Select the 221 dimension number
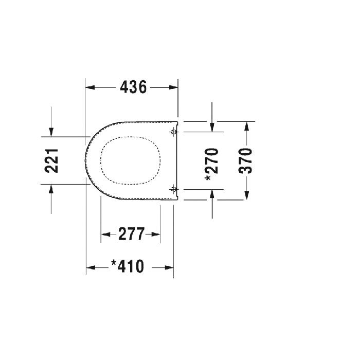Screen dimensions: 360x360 [52, 160]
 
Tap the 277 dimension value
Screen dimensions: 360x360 [131, 235]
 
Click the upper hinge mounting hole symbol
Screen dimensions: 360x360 [173, 132]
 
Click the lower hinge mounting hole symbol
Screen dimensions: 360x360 [173, 188]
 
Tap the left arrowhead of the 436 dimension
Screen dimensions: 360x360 [90, 87]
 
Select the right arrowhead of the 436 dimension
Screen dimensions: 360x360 [173, 87]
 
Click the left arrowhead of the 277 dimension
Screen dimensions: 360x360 [105, 235]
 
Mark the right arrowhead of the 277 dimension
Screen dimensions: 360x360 [156, 235]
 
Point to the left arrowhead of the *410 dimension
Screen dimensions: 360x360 [90, 267]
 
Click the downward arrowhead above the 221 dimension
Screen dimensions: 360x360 [50, 132]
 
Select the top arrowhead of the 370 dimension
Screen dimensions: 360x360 [247, 127]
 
